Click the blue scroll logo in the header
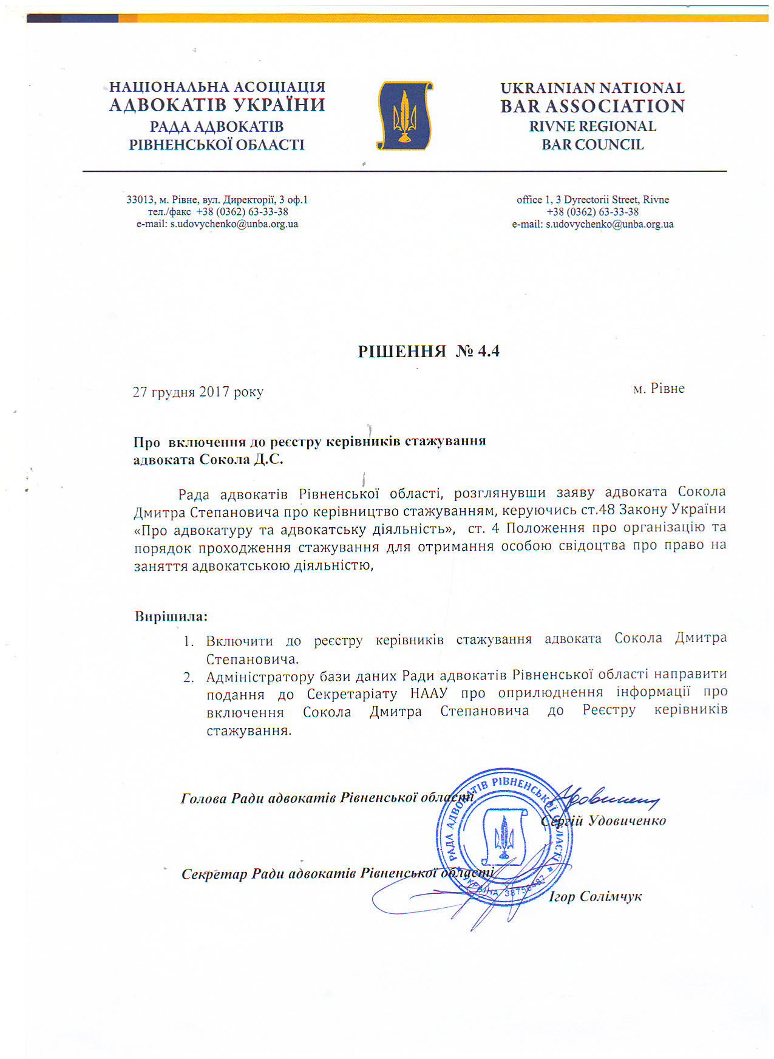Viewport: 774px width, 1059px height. point(404,116)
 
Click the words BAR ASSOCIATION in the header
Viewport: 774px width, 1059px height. point(592,106)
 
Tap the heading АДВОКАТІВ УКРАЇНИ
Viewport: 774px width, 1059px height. point(217,105)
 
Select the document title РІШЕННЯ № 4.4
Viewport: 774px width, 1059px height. point(429,351)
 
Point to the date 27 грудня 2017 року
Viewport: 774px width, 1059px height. point(198,392)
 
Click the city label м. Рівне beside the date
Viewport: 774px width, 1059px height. point(659,389)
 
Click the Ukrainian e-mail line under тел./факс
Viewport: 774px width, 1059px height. point(217,224)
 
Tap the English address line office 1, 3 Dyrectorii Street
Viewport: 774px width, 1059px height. point(592,200)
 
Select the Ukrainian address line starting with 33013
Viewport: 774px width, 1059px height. point(217,200)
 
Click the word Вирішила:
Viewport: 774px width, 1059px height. point(171,616)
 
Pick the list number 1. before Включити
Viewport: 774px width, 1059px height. point(189,641)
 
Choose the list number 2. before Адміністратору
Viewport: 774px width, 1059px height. point(189,678)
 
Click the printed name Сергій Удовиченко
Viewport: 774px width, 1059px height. point(603,821)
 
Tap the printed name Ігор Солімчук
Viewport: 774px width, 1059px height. point(595,896)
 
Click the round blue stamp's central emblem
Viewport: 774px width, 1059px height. point(503,837)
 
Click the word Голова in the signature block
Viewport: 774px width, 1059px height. point(204,798)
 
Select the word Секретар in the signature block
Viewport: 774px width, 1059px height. point(214,874)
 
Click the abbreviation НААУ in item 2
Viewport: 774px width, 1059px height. point(429,693)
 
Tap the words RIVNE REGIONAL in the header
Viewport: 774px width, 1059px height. point(592,126)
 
